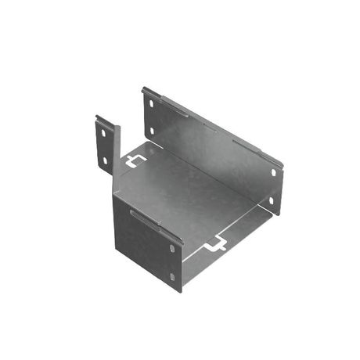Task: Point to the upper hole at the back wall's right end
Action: click(x=274, y=172)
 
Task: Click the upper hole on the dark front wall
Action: click(x=172, y=249)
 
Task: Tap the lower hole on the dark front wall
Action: click(x=173, y=275)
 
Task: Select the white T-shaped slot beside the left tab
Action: click(x=134, y=161)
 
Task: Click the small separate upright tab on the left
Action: click(x=105, y=145)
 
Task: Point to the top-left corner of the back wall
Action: click(x=142, y=88)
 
